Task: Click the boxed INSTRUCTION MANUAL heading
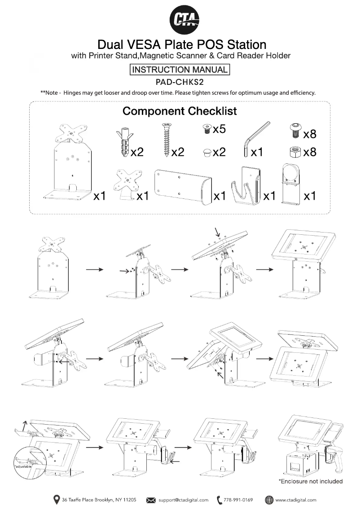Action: pos(180,70)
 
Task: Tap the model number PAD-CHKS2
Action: pos(180,83)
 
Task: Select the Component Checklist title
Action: pos(180,111)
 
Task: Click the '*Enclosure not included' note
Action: pos(311,482)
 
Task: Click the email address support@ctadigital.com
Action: pos(183,500)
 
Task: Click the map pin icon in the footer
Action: pos(57,500)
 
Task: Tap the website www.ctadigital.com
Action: pos(295,500)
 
